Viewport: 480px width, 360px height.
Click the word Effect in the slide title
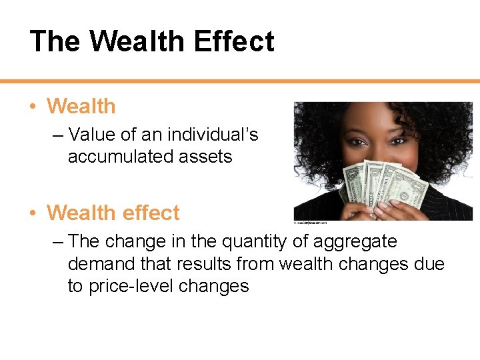pyautogui.click(x=233, y=41)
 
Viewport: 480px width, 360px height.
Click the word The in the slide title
pyautogui.click(x=55, y=41)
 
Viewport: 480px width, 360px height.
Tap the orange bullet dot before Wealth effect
pyautogui.click(x=32, y=213)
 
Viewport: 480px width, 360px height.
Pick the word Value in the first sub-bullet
pyautogui.click(x=94, y=135)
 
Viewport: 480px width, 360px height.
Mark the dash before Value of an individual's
pyautogui.click(x=57, y=135)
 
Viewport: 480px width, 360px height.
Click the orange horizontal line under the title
pyautogui.click(x=240, y=81)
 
